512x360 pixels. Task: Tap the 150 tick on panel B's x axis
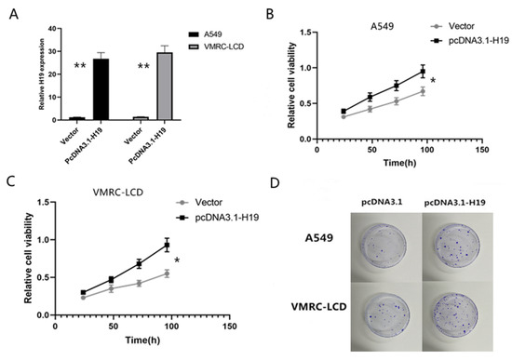coord(479,148)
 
